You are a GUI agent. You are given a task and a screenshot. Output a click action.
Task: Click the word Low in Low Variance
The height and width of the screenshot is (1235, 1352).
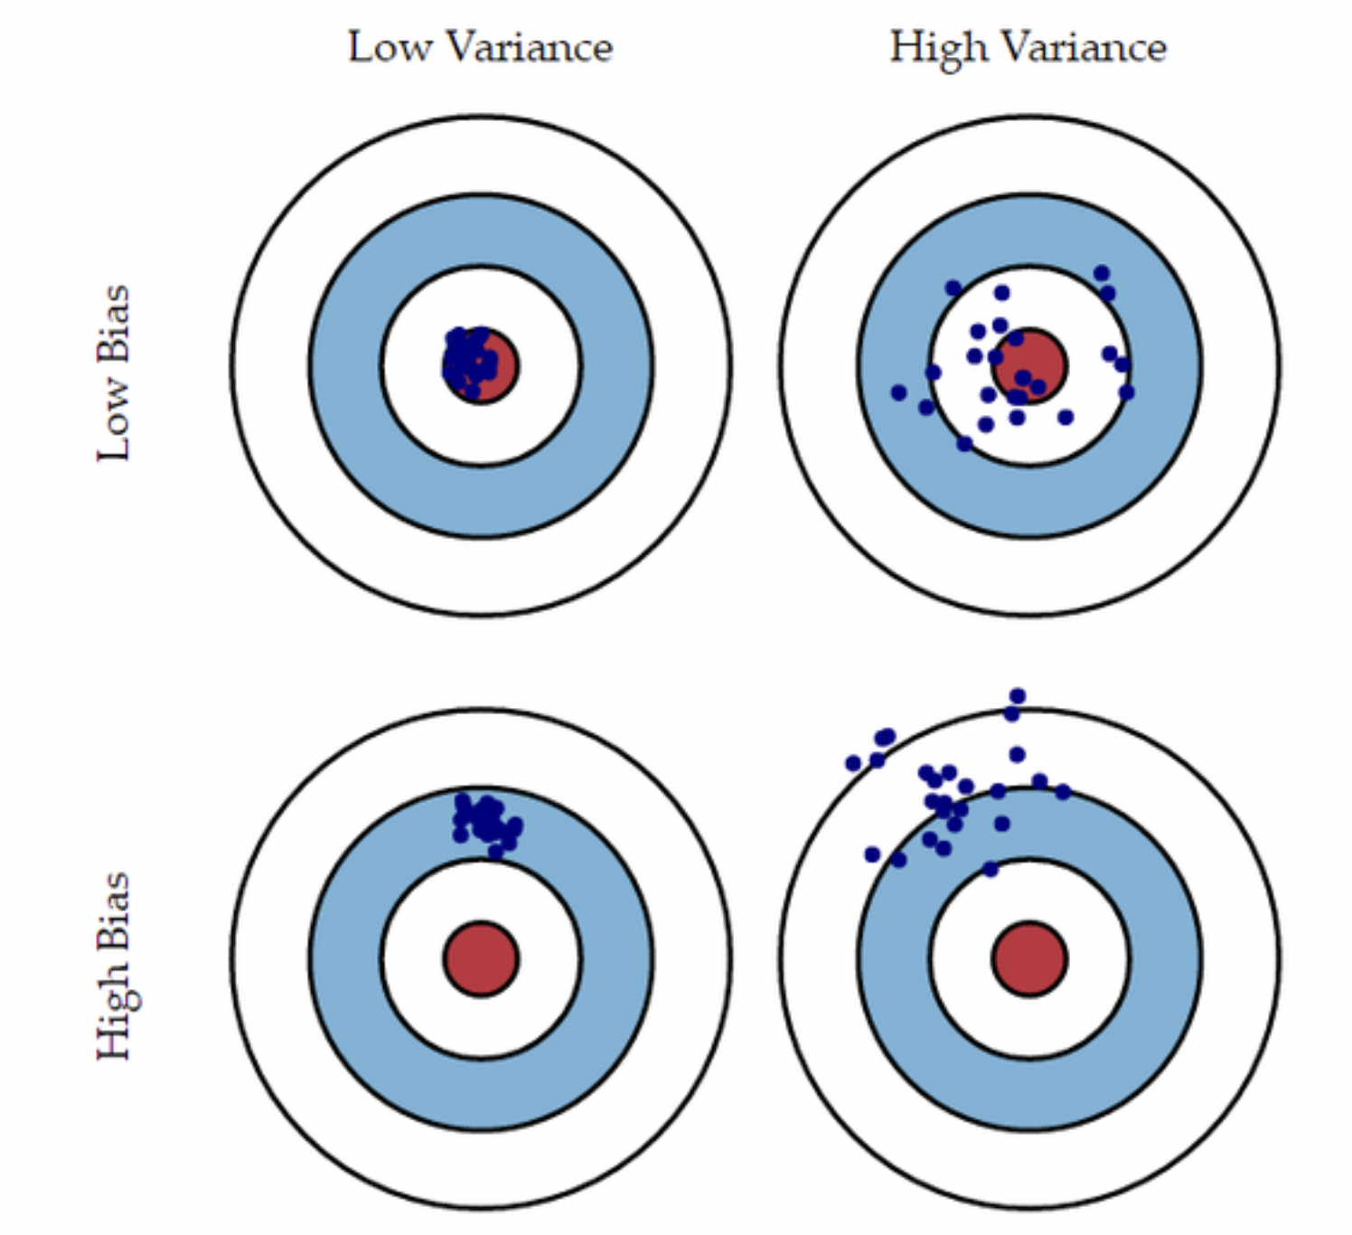(x=390, y=47)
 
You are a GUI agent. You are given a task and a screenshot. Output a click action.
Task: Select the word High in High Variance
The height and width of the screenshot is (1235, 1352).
(x=939, y=47)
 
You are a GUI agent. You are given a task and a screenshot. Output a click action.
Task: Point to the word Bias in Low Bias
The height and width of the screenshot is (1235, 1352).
(x=115, y=324)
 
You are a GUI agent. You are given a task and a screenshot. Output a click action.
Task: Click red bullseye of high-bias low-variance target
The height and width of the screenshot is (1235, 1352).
(x=481, y=959)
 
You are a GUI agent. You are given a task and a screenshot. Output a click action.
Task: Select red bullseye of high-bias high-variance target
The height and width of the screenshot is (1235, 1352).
(x=1029, y=959)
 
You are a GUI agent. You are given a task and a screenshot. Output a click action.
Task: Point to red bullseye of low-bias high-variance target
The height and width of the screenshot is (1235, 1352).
(x=1029, y=366)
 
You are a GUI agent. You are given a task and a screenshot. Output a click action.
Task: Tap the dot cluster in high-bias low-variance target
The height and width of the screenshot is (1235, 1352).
(x=487, y=822)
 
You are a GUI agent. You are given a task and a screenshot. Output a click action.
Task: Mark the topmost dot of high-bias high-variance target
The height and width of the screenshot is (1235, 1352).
(x=1018, y=695)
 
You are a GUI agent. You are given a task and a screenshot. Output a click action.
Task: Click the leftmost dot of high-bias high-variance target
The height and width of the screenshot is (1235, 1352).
(x=853, y=764)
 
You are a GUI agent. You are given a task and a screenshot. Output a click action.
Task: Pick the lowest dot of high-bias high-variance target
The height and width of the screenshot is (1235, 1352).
(x=991, y=869)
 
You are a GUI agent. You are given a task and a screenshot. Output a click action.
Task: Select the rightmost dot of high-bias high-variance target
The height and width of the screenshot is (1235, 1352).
(x=1063, y=792)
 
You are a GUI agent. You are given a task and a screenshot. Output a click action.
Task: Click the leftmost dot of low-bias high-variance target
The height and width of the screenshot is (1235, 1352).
(x=898, y=392)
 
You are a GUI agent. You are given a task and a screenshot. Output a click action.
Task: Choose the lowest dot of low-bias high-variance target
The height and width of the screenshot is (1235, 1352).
(x=964, y=444)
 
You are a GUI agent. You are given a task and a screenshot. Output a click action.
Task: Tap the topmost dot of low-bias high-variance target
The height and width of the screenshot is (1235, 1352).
(x=1101, y=273)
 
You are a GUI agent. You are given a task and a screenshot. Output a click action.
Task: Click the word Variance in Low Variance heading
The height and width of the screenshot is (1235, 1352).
(x=530, y=47)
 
